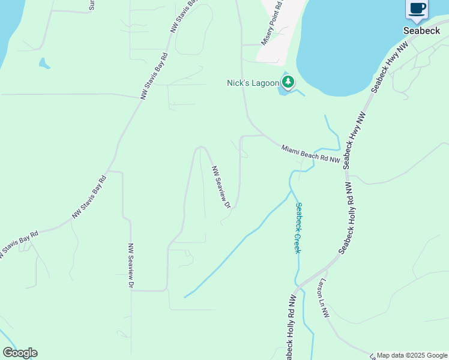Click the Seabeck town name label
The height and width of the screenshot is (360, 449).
421,31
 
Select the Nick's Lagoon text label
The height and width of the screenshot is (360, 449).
252,83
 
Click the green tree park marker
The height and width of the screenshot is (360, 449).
288,82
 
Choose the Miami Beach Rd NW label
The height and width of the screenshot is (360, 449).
311,153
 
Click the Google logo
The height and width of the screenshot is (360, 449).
20,353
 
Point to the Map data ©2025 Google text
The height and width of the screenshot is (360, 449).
412,355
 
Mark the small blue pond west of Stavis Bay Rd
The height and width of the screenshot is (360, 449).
43,62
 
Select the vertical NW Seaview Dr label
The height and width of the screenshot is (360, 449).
130,266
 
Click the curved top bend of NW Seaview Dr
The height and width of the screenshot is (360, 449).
202,147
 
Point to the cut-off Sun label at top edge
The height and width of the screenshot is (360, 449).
91,5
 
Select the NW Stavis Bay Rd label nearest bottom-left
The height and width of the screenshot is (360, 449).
19,245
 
